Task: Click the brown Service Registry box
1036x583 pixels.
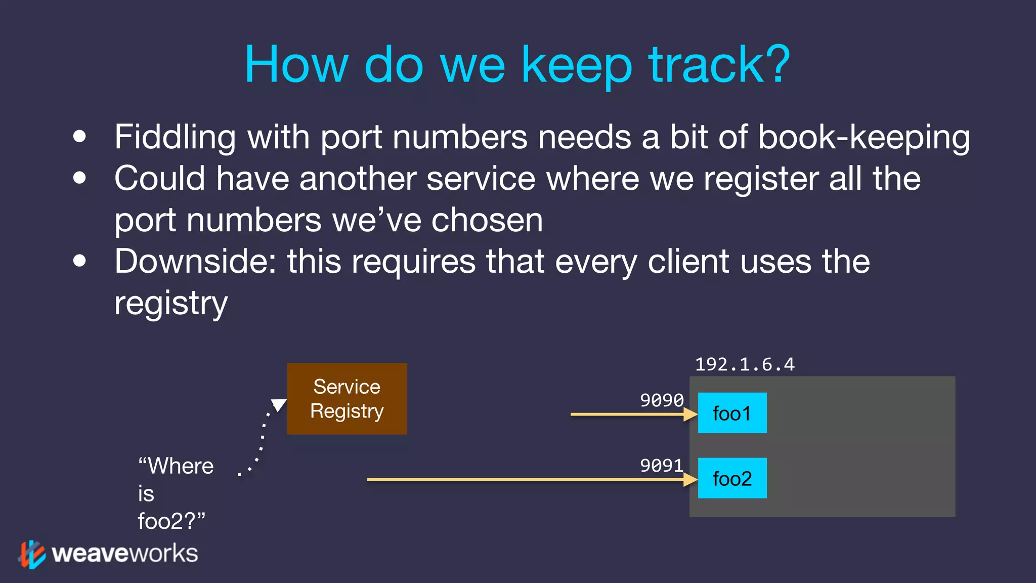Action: [x=347, y=399]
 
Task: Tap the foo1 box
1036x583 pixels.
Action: [x=732, y=413]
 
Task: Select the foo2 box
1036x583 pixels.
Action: [x=732, y=478]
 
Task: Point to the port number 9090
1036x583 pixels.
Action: [x=662, y=400]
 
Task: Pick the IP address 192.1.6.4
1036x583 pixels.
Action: [x=745, y=364]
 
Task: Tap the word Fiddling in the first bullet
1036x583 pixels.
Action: [x=175, y=138]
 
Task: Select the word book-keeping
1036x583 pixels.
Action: [x=864, y=138]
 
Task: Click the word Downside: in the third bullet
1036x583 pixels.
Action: [x=195, y=262]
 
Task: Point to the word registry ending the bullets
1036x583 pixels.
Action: [x=171, y=304]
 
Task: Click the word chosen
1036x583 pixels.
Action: [x=487, y=220]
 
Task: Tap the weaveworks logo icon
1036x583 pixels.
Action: [x=32, y=554]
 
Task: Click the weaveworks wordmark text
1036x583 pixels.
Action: [x=125, y=554]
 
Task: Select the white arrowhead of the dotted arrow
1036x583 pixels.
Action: [x=279, y=404]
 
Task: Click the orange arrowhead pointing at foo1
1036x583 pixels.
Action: [x=690, y=414]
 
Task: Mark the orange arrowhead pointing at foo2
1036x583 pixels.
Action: [x=690, y=479]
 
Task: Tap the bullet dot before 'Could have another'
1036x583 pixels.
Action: [x=79, y=178]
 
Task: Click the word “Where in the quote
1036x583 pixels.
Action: [x=176, y=466]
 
